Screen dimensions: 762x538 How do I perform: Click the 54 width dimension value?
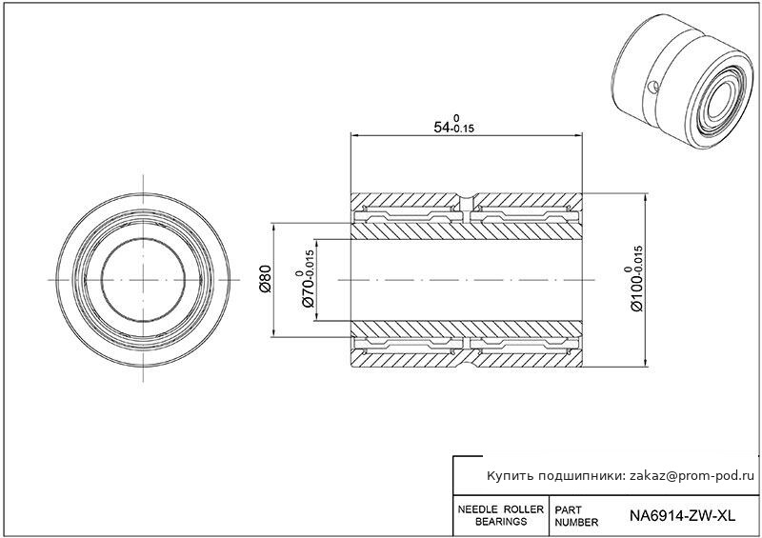tap(442, 128)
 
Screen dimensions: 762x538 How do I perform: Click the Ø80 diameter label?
tap(265, 279)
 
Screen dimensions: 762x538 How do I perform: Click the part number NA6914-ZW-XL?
tap(682, 515)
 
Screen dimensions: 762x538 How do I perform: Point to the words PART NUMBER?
tap(576, 516)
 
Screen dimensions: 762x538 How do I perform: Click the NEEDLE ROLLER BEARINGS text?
tap(501, 515)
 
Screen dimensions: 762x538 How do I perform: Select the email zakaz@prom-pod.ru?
tap(692, 476)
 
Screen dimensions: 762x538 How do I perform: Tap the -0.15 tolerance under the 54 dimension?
tap(463, 130)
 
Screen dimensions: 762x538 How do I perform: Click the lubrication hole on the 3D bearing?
tap(653, 88)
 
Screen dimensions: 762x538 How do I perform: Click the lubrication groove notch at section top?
tap(466, 198)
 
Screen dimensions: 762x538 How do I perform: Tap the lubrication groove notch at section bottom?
tap(466, 362)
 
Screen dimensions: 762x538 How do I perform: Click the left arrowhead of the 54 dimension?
tap(355, 134)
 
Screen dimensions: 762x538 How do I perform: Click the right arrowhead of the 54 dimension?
tap(577, 134)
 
